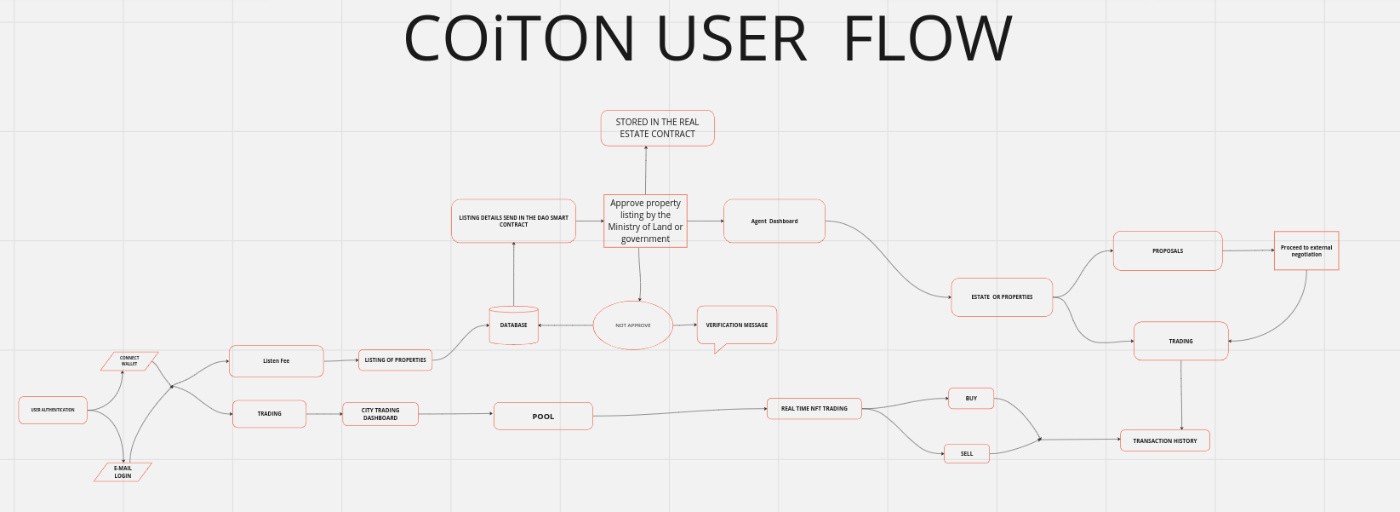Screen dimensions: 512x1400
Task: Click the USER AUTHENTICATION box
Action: click(53, 410)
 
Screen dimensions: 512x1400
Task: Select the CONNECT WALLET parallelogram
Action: click(129, 361)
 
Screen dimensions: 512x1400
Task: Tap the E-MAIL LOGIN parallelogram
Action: click(123, 472)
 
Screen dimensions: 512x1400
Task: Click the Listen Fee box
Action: click(276, 361)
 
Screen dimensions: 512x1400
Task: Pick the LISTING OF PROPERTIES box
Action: click(395, 360)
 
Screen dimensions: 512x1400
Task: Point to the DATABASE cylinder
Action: click(513, 325)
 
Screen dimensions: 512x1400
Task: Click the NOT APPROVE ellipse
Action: click(632, 325)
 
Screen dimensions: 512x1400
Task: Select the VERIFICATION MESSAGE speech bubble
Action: click(736, 325)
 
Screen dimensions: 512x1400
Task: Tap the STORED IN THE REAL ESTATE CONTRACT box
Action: click(657, 128)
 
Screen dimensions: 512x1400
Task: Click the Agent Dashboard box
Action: click(774, 221)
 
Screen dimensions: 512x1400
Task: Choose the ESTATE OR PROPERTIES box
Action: click(1002, 297)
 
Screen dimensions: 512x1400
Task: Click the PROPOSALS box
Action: click(1167, 251)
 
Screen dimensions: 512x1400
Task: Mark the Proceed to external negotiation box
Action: click(1306, 251)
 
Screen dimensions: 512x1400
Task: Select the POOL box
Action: click(543, 417)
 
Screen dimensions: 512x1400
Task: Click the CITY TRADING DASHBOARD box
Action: click(380, 414)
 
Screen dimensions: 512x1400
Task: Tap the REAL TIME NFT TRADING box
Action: click(814, 409)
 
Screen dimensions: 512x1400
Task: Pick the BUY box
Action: click(971, 399)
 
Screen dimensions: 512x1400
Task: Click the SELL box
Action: click(966, 454)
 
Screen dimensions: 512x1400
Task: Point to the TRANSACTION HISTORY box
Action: click(1164, 441)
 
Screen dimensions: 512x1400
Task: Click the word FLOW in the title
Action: click(927, 40)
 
